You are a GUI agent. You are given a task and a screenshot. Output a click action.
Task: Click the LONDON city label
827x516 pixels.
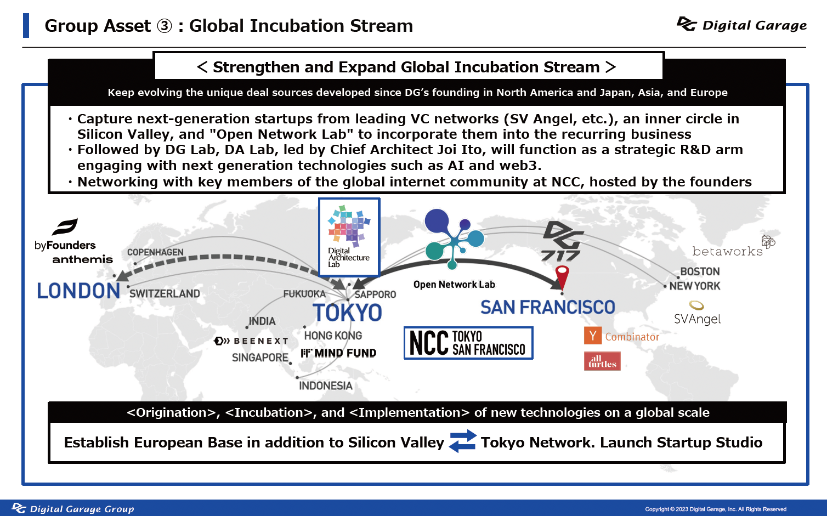pyautogui.click(x=78, y=291)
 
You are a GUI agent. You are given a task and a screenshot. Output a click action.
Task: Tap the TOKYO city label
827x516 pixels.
pyautogui.click(x=347, y=313)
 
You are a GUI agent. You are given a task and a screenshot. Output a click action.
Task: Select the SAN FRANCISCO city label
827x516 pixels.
pyautogui.click(x=548, y=307)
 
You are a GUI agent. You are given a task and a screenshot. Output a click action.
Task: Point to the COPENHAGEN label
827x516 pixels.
pyautogui.click(x=155, y=252)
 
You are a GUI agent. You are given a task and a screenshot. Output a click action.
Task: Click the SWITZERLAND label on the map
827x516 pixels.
pyautogui.click(x=165, y=294)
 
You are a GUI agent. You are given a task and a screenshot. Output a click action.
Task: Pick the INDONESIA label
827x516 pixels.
pyautogui.click(x=326, y=385)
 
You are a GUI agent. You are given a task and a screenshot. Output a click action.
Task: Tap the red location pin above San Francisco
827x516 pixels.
pyautogui.click(x=562, y=277)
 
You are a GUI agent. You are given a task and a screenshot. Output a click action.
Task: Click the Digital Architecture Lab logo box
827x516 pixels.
pyautogui.click(x=349, y=237)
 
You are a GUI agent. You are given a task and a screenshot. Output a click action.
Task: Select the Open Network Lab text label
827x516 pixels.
pyautogui.click(x=454, y=285)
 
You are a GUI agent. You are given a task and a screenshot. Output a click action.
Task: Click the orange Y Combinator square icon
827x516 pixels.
pyautogui.click(x=593, y=336)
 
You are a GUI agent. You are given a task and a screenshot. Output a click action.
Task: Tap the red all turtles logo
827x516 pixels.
pyautogui.click(x=602, y=361)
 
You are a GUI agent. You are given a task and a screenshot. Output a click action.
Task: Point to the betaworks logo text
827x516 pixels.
pyautogui.click(x=727, y=251)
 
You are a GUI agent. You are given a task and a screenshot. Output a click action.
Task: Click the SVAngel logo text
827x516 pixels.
pyautogui.click(x=698, y=319)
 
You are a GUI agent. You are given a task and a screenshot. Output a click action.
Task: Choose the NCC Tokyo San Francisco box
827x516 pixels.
pyautogui.click(x=468, y=343)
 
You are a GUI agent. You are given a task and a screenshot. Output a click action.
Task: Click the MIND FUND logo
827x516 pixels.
pyautogui.click(x=338, y=353)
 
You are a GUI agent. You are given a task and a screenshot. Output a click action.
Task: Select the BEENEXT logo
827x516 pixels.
pyautogui.click(x=251, y=341)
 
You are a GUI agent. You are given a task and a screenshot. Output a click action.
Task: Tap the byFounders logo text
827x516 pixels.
pyautogui.click(x=65, y=245)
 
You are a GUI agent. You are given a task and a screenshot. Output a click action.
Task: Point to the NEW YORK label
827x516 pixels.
pyautogui.click(x=695, y=286)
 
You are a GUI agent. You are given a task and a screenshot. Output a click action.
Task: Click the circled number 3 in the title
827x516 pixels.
pyautogui.click(x=165, y=26)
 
